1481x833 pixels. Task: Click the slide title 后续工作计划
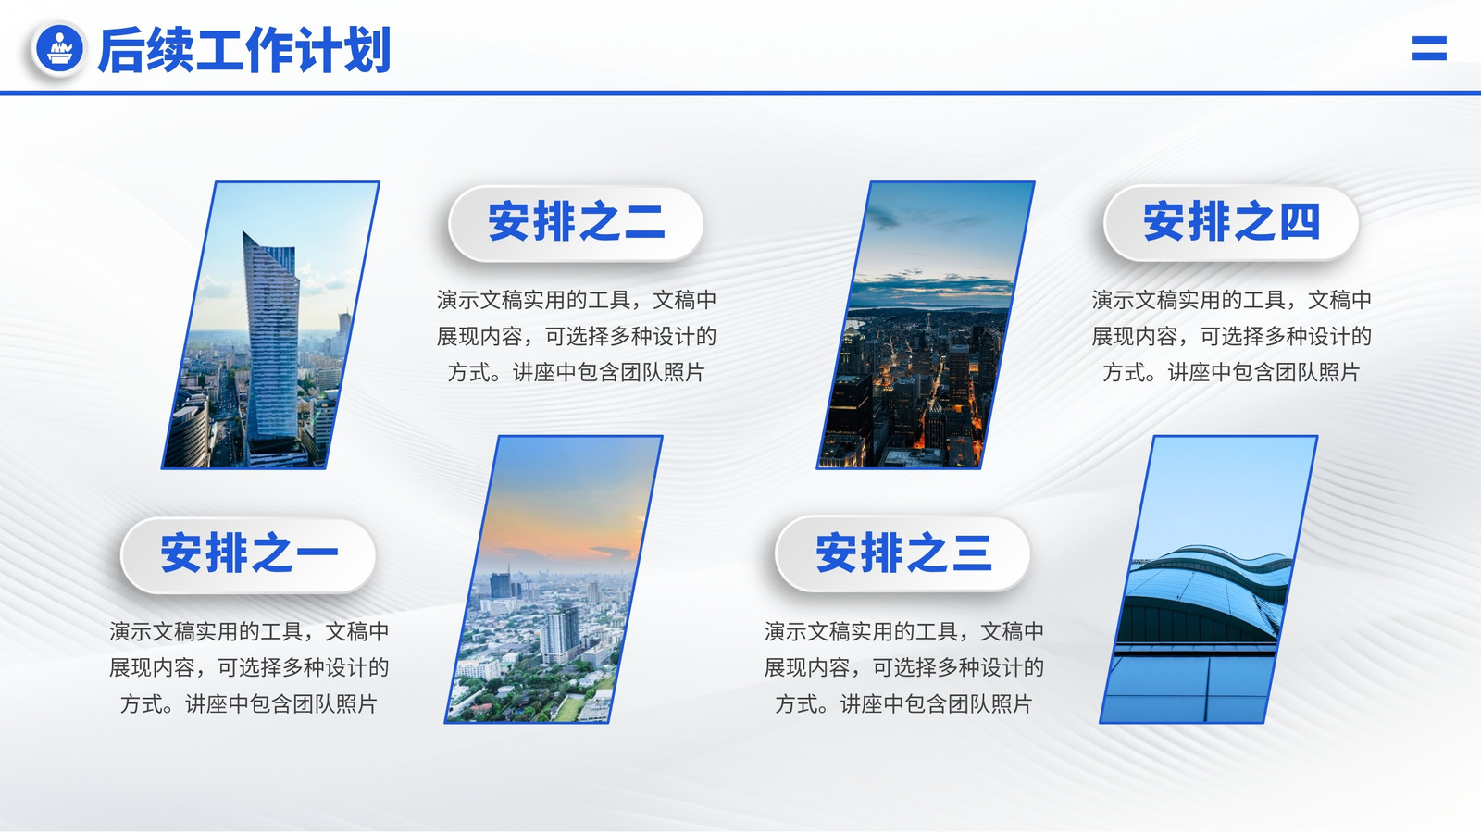click(244, 50)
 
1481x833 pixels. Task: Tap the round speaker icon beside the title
click(59, 48)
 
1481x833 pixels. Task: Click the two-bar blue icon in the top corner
click(1429, 48)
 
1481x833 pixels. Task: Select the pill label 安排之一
click(249, 554)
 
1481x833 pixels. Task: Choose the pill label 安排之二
click(576, 222)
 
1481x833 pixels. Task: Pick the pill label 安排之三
click(903, 553)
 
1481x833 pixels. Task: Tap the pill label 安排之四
click(1231, 222)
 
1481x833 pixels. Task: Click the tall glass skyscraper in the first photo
click(271, 343)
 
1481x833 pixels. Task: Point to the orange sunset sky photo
click(554, 579)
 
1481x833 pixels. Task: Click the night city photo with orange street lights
click(926, 325)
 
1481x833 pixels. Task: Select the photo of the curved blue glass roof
click(1209, 579)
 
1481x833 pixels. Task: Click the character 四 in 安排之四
click(1300, 222)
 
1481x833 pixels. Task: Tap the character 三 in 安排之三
click(972, 553)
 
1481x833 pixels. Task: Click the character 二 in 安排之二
click(644, 222)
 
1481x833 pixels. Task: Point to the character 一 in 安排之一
click(317, 554)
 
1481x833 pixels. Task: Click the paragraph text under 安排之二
click(576, 337)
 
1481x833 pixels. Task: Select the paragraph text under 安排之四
click(1231, 337)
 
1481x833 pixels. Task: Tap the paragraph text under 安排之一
click(249, 667)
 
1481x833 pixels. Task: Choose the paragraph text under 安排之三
click(903, 667)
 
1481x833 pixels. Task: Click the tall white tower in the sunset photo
click(559, 635)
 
